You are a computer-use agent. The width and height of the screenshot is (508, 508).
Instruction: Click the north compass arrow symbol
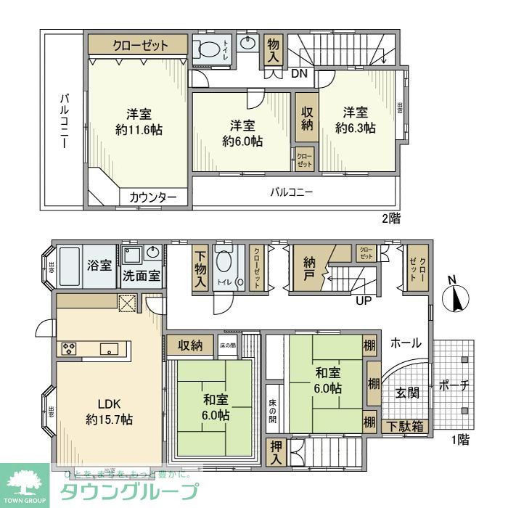456,299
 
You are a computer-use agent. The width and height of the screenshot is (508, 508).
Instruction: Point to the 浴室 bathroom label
99,266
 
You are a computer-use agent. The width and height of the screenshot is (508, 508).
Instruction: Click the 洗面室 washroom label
141,276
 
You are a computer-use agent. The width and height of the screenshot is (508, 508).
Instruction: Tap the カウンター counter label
153,197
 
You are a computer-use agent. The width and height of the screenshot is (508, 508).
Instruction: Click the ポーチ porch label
454,386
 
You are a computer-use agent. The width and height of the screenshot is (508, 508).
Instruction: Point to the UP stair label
364,300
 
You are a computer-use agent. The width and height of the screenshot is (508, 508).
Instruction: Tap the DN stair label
299,73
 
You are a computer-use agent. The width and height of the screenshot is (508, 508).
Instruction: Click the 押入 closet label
276,452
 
